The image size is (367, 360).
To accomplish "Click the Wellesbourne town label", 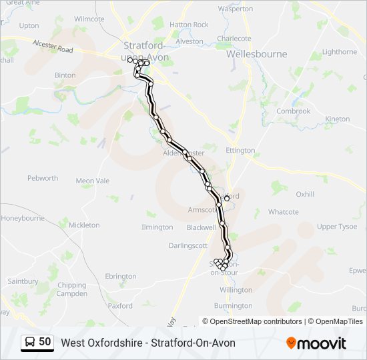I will pyautogui.click(x=256, y=54).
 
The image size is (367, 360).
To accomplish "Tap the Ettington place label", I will pyautogui.click(x=240, y=151).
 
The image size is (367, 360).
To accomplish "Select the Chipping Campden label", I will pyautogui.click(x=71, y=289).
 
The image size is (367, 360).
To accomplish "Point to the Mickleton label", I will pyautogui.click(x=84, y=225).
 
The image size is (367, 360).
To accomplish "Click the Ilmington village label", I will pyautogui.click(x=157, y=227).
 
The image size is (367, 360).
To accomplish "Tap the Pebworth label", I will pyautogui.click(x=43, y=179).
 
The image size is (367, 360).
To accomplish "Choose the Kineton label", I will pyautogui.click(x=337, y=119).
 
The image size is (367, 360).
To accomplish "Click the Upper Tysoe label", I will pyautogui.click(x=337, y=227).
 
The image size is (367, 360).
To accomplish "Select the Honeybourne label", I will pyautogui.click(x=23, y=218).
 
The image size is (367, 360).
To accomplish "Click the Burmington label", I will pyautogui.click(x=233, y=306).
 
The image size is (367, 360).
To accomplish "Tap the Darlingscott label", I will pyautogui.click(x=188, y=245).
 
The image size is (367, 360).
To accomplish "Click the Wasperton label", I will pyautogui.click(x=236, y=9).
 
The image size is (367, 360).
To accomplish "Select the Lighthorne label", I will pyautogui.click(x=340, y=51).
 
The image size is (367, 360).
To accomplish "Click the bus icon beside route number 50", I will pyautogui.click(x=31, y=342).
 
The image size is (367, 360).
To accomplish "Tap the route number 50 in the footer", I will pyautogui.click(x=45, y=342).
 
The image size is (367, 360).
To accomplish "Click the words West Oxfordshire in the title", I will pyautogui.click(x=101, y=343).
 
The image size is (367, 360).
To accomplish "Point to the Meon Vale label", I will pyautogui.click(x=93, y=181).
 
